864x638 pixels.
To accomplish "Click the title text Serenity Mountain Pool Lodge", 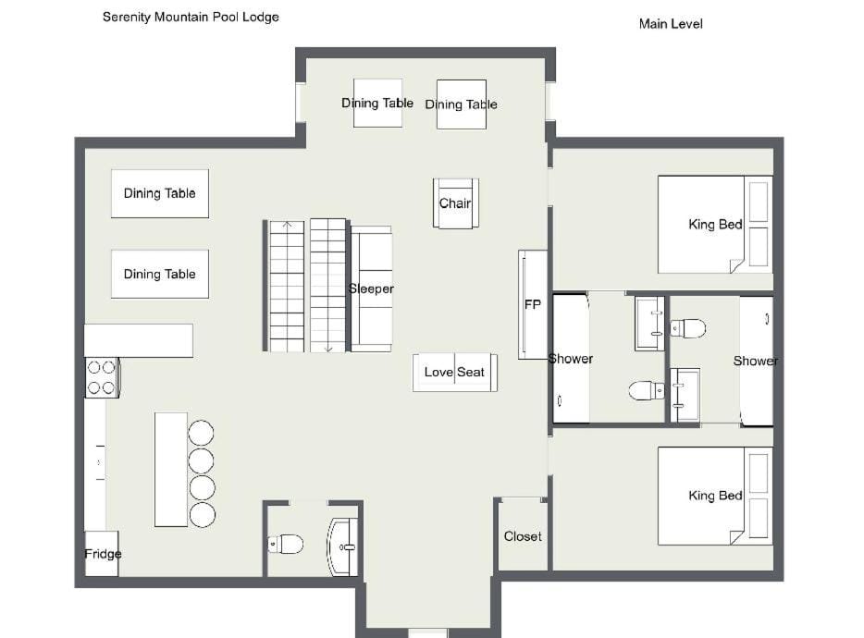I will pos(191,17).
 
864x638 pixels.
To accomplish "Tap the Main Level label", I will pos(671,24).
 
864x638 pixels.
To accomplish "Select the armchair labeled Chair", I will pos(455,203).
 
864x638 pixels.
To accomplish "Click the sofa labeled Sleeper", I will pos(371,288).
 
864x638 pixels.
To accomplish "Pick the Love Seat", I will pos(454,372).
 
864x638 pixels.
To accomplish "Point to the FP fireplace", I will pos(533,304).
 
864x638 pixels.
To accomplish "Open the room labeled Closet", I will pos(523,536).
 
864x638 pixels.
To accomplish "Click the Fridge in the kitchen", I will pos(102,554).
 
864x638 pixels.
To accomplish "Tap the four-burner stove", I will pos(101,377).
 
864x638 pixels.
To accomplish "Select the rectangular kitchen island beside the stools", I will pos(171,469).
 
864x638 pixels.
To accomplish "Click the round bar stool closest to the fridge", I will pos(203,515).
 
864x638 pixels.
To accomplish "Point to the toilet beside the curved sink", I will pos(288,544).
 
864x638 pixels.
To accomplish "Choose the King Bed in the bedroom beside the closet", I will pos(714,496).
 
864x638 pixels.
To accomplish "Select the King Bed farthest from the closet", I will pos(714,224).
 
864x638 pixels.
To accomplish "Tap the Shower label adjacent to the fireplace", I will pos(571,359).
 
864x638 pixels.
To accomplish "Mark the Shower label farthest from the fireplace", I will pos(755,361).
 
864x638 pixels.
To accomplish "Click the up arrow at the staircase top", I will pos(288,225).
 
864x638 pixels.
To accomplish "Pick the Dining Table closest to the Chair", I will pos(461,104).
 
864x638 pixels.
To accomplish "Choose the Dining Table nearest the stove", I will pos(159,274).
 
